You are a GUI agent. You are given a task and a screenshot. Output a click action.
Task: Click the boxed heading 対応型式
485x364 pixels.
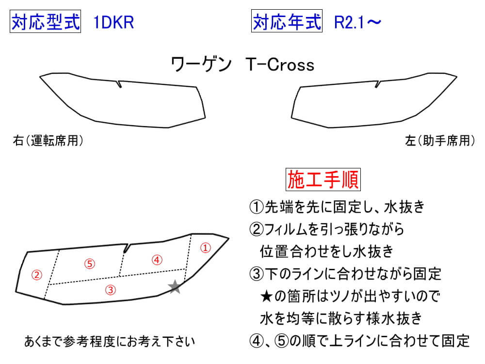tap(45, 21)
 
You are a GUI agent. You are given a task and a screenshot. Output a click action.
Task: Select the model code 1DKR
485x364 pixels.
tap(113, 22)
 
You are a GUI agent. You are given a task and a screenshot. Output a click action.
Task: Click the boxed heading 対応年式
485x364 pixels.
tap(287, 21)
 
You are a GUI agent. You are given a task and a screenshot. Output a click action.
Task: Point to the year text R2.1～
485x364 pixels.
tap(357, 22)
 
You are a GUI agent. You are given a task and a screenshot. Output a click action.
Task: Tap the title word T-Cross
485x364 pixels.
tap(280, 65)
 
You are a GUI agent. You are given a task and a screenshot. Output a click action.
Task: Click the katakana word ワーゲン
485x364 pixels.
tap(201, 65)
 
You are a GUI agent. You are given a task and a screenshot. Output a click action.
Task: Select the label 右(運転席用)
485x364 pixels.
tap(48, 141)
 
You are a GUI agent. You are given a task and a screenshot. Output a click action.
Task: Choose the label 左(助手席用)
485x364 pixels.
tap(440, 141)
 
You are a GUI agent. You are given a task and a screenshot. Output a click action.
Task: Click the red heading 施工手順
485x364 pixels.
tap(323, 180)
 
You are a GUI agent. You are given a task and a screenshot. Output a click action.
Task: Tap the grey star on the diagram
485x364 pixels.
tap(175, 287)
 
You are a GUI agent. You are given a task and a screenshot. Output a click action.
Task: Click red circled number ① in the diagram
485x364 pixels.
tap(206, 248)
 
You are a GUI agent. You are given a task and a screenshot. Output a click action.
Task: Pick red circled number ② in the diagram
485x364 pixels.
tap(37, 275)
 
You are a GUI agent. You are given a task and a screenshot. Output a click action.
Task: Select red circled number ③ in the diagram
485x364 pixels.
tap(111, 290)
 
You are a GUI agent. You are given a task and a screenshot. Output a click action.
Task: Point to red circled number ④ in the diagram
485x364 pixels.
tap(157, 260)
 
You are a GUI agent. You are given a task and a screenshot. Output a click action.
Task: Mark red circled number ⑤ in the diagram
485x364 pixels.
tap(90, 264)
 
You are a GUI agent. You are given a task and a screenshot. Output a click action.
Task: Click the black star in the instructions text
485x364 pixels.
tap(266, 297)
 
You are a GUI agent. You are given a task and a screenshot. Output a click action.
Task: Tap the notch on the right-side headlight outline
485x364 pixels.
tap(119, 84)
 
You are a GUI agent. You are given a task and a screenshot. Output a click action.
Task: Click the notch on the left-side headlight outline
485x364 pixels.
tap(377, 84)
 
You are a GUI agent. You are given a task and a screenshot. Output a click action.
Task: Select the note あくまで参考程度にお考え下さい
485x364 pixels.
tap(110, 341)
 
